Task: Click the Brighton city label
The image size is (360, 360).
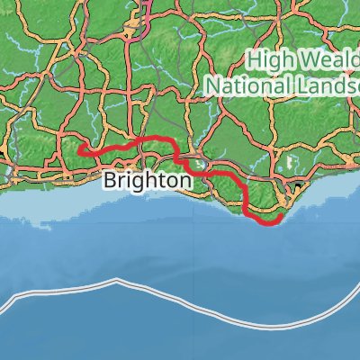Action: click(x=147, y=181)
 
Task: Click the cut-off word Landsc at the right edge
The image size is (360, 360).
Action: click(x=326, y=85)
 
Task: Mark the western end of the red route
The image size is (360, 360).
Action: click(x=82, y=150)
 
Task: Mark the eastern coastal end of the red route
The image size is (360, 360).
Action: click(x=281, y=216)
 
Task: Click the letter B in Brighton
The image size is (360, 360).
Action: click(x=110, y=181)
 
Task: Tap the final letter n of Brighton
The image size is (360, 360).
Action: click(x=184, y=181)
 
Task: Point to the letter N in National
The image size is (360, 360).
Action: click(x=212, y=85)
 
